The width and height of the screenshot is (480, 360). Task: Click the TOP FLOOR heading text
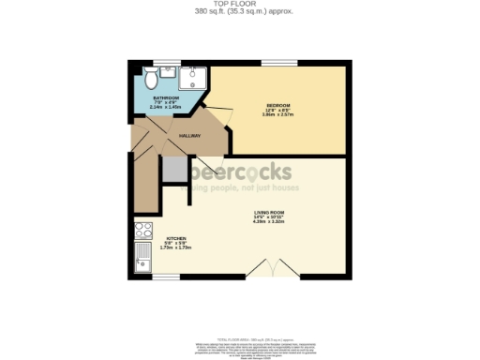[x=240, y=4]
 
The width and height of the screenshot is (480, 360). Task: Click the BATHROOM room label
[x=167, y=97]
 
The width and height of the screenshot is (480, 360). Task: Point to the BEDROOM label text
[x=278, y=104]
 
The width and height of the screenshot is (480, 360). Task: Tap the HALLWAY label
[x=190, y=135]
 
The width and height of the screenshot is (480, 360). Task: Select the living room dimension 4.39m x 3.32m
[x=269, y=222]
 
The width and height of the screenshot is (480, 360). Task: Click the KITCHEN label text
[x=177, y=238]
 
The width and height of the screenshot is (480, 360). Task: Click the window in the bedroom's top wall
[x=279, y=63]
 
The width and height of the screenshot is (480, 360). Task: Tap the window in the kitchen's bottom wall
[x=167, y=278]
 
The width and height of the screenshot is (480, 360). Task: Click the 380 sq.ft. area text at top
[x=240, y=11]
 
